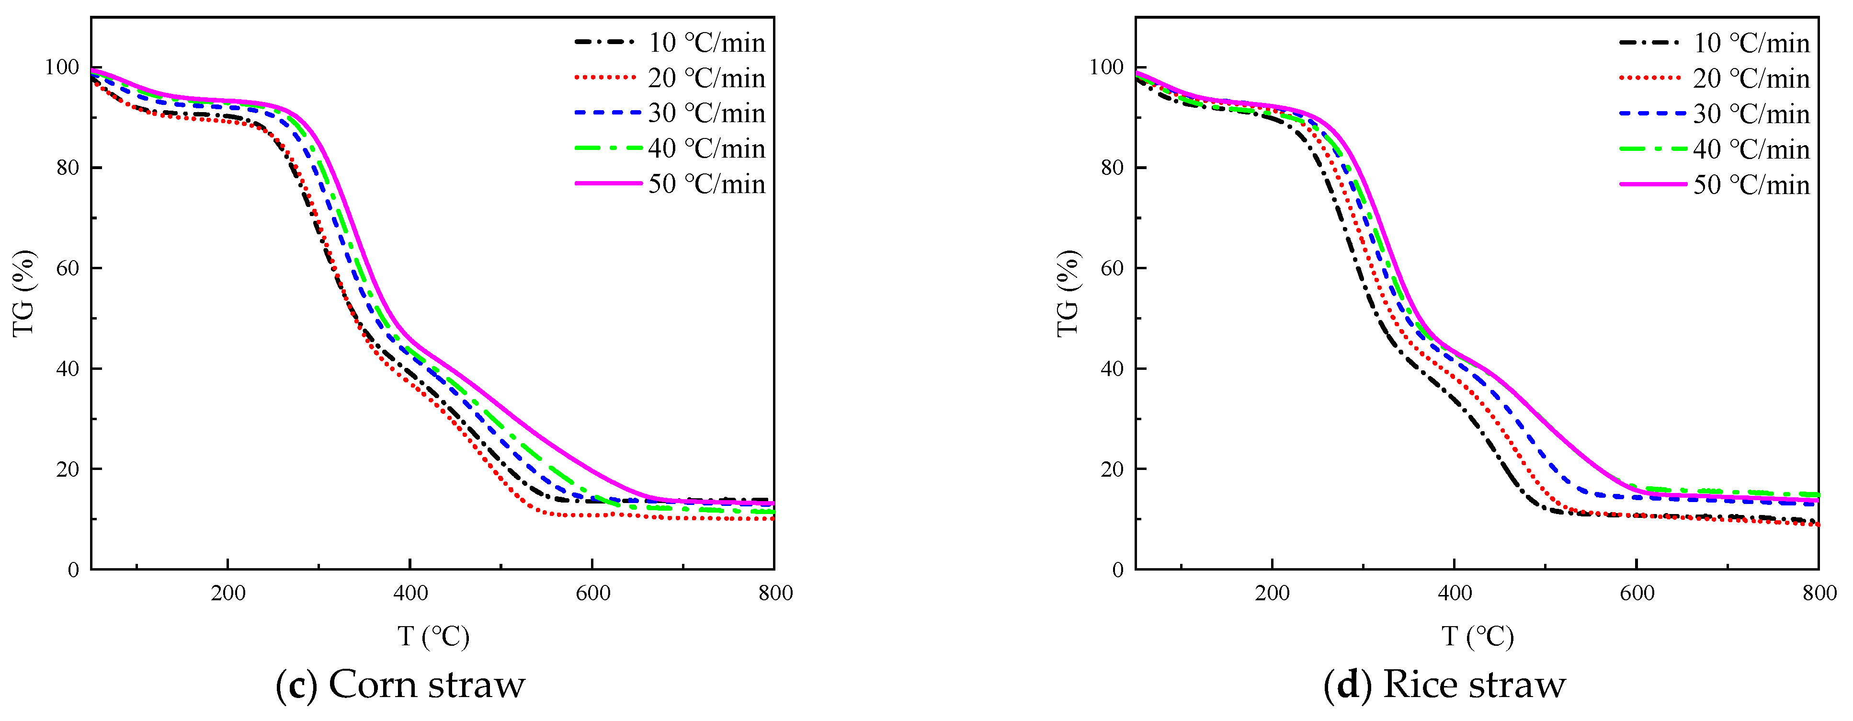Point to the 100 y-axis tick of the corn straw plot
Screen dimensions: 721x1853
62,67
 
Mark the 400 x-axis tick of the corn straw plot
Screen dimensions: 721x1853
410,593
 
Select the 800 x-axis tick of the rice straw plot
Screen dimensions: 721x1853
1819,593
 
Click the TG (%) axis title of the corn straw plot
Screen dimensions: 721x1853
24,293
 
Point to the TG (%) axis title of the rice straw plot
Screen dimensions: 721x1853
1068,293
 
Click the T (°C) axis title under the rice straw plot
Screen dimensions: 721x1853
1478,636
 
